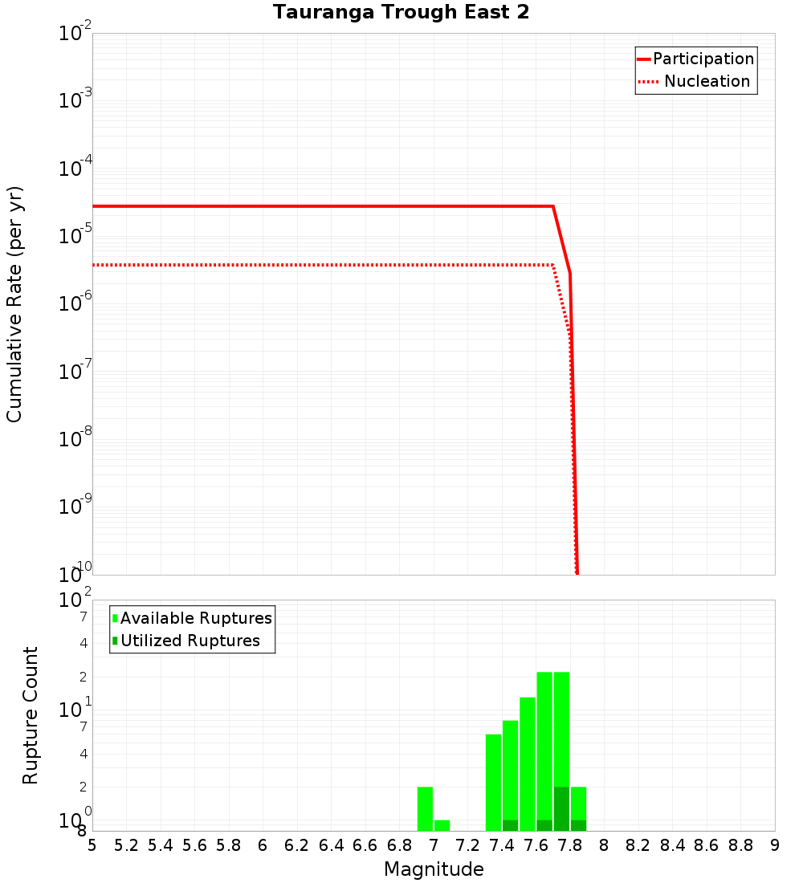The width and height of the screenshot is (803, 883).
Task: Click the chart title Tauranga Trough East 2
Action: [x=401, y=13]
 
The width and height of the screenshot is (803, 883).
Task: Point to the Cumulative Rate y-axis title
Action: [x=14, y=303]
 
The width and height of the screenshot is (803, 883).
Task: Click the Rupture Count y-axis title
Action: [x=31, y=715]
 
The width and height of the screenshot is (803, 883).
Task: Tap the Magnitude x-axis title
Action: [x=434, y=869]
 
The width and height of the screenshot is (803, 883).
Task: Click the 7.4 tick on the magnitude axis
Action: [x=502, y=845]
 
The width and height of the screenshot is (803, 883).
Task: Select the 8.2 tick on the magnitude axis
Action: [x=638, y=845]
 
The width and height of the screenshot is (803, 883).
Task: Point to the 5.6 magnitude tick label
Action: [x=194, y=845]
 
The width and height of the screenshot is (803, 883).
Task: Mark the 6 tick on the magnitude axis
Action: [x=263, y=845]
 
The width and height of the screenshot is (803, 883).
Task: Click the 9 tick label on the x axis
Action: [x=775, y=845]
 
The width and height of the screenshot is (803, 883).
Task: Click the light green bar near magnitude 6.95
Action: [x=425, y=808]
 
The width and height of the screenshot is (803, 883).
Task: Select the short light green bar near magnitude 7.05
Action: [x=442, y=825]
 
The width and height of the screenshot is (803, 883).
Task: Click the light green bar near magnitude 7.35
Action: [x=493, y=782]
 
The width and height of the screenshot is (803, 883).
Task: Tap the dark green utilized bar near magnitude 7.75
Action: [x=561, y=808]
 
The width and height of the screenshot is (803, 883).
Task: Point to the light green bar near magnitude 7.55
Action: [x=528, y=763]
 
